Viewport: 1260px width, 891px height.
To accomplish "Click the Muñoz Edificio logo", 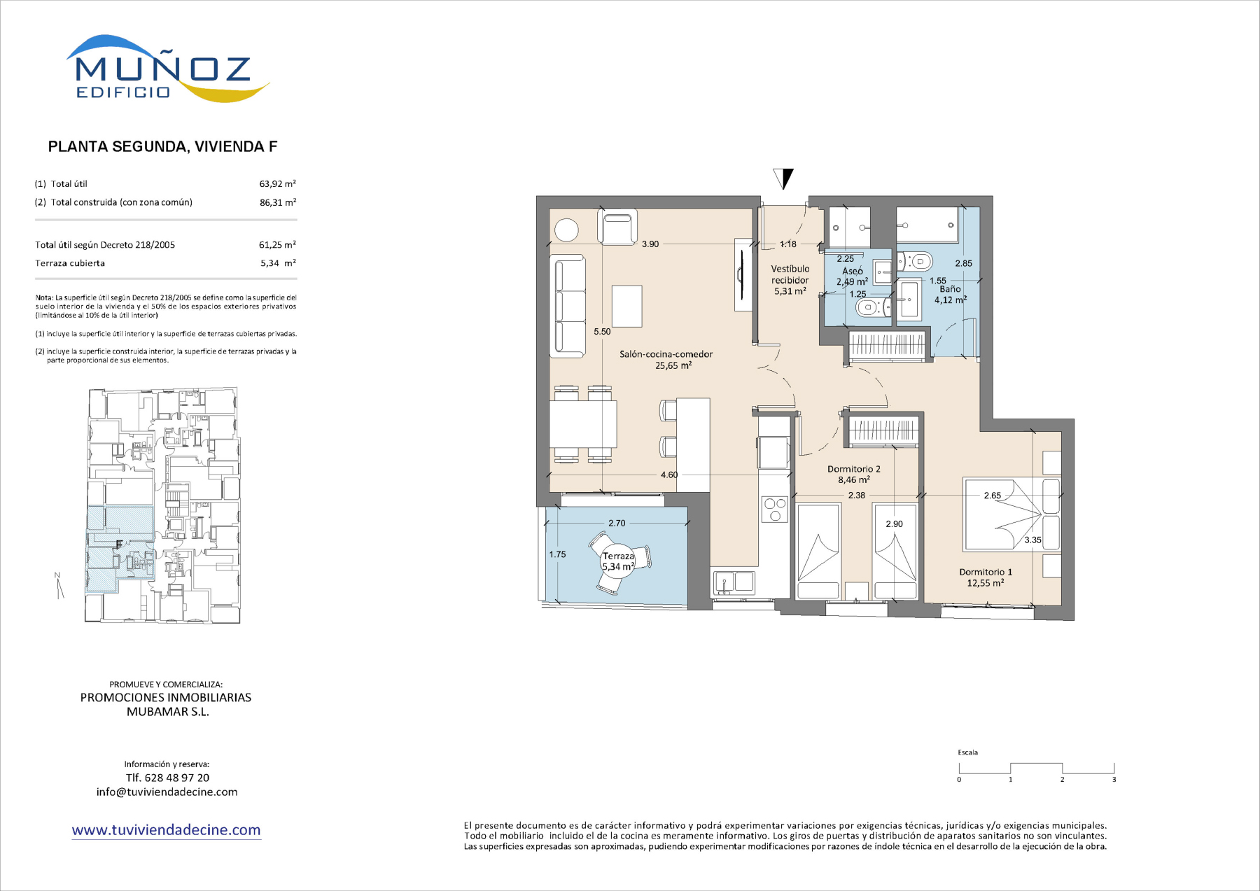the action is click(x=168, y=69).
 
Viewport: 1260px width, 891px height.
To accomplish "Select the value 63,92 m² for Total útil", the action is click(x=278, y=184).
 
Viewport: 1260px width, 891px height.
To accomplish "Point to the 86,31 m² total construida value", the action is click(x=278, y=202).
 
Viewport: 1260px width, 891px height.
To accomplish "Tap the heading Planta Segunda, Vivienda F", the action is click(x=162, y=146).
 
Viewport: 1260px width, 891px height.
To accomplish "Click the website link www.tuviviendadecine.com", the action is click(x=166, y=830).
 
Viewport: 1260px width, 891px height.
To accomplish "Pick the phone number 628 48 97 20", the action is click(x=177, y=778).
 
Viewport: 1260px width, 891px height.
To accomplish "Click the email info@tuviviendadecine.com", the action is click(x=167, y=792).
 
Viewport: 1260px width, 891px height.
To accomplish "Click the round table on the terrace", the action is click(x=618, y=561).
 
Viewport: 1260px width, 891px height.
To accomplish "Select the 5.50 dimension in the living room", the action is click(x=602, y=332).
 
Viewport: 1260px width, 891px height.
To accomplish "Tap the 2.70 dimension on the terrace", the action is click(x=617, y=523).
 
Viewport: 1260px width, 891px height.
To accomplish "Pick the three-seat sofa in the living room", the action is click(x=570, y=307).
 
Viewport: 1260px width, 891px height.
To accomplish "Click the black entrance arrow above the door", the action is click(x=783, y=178).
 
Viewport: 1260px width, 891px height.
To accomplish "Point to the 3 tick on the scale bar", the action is click(x=1114, y=779).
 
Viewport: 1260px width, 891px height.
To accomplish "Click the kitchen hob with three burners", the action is click(x=775, y=509).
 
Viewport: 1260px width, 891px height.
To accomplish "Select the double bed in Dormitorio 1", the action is click(x=1012, y=514).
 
